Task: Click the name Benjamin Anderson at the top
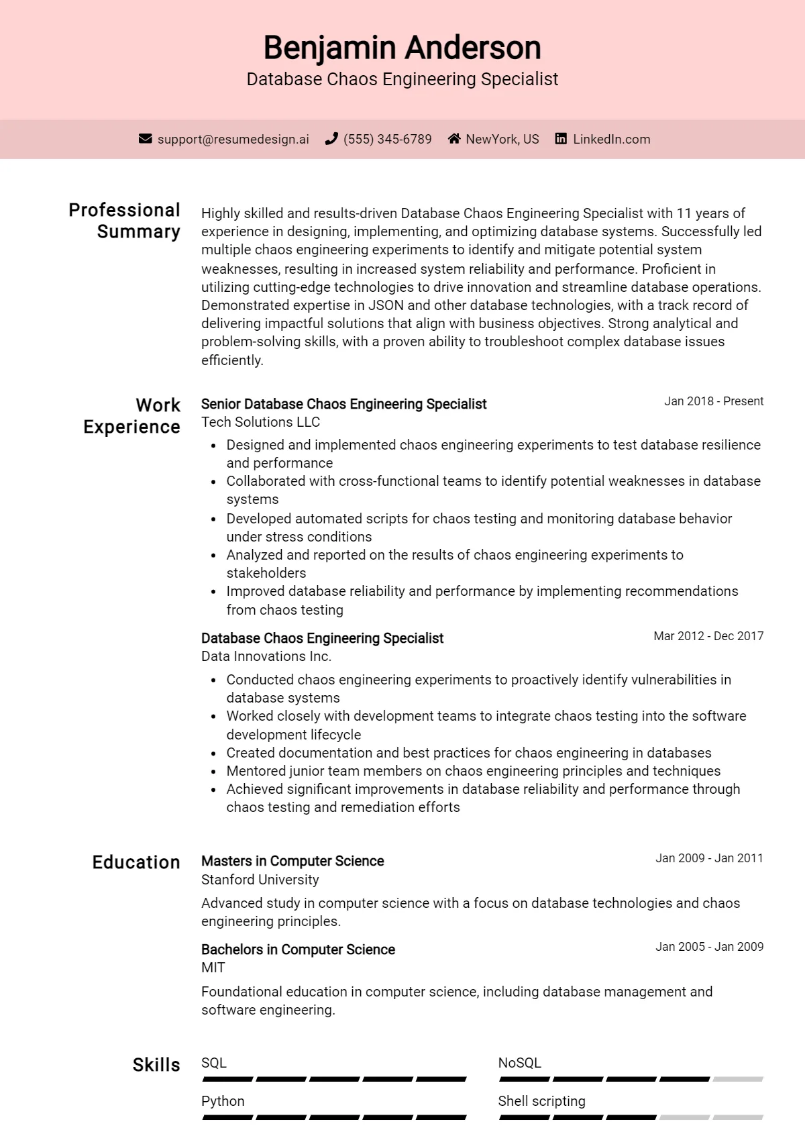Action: click(x=402, y=48)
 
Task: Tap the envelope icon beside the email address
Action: click(x=145, y=139)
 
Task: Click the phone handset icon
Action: click(x=331, y=139)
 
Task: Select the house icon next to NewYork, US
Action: click(x=454, y=139)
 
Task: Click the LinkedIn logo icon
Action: click(x=561, y=139)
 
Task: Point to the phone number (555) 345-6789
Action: click(x=387, y=140)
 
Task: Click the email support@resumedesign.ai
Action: click(x=233, y=140)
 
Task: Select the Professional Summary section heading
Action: click(x=125, y=221)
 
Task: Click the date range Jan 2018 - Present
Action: click(x=714, y=401)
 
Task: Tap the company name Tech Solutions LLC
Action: click(x=260, y=422)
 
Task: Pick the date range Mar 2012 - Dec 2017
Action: click(x=708, y=636)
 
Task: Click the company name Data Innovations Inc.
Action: click(x=266, y=656)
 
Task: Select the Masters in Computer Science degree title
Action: click(x=292, y=861)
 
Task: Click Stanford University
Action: click(x=260, y=880)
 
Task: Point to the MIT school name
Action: click(x=213, y=968)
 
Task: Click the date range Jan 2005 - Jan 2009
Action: click(x=709, y=947)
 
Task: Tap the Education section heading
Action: click(x=136, y=862)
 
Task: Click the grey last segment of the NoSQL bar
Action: click(x=738, y=1080)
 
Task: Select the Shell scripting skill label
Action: click(x=541, y=1101)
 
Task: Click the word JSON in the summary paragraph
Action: click(x=386, y=305)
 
